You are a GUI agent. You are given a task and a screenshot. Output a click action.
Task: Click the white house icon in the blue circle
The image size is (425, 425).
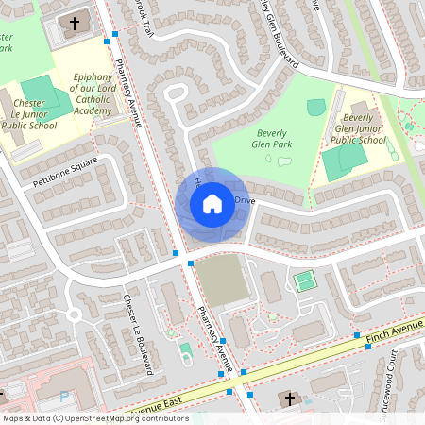(x=212, y=203)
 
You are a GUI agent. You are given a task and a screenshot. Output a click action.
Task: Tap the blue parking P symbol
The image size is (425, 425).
(x=64, y=398)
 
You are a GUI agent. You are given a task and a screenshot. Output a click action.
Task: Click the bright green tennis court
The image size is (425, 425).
(x=304, y=280)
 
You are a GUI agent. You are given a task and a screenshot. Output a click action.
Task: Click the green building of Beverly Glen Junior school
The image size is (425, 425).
(x=340, y=162)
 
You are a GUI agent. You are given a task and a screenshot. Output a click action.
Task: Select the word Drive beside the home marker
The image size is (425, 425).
(x=245, y=200)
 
